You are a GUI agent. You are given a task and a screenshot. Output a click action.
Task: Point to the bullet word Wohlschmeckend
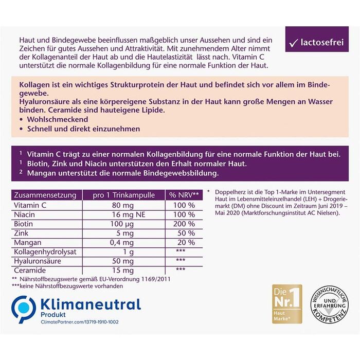53,118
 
